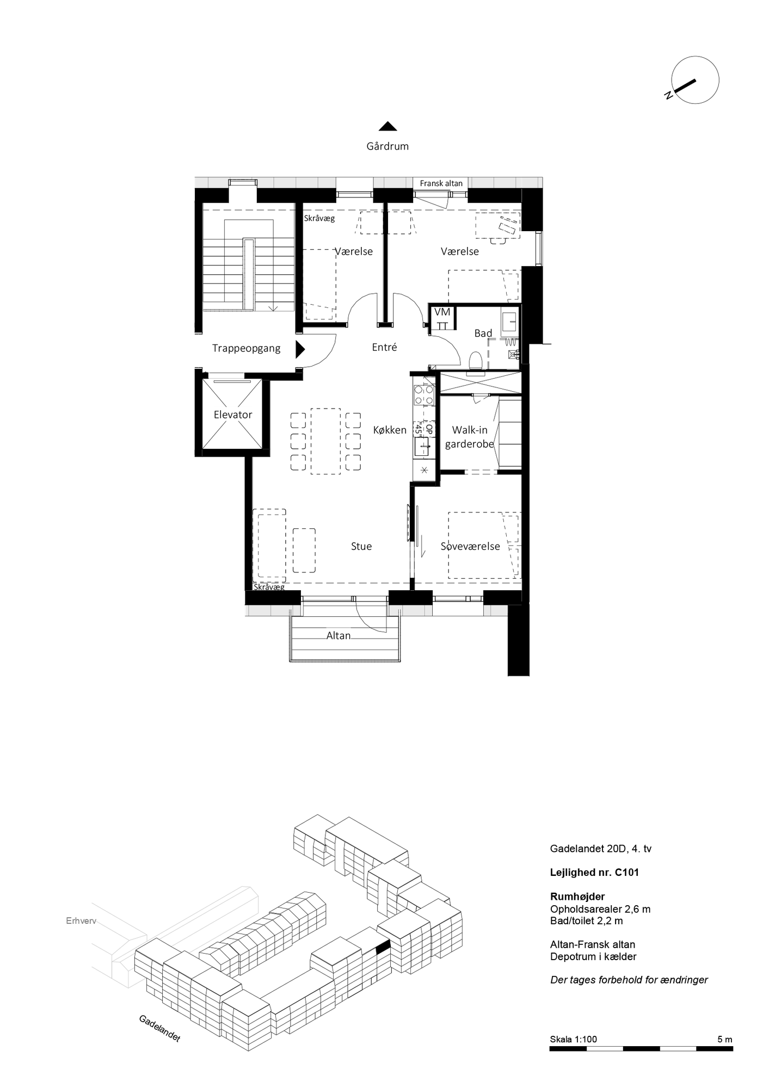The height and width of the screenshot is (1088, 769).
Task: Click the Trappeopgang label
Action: pos(246,348)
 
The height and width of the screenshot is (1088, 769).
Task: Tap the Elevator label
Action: pos(233,415)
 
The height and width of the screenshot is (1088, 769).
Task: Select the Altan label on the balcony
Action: pos(339,635)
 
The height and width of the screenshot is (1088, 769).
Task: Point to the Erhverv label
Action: pos(81,921)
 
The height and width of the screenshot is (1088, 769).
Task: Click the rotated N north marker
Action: pos(668,96)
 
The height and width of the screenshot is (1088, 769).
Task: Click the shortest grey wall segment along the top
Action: pos(393,183)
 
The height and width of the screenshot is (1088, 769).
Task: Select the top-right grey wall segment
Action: pos(506,183)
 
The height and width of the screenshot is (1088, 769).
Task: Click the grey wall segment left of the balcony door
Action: pos(272,611)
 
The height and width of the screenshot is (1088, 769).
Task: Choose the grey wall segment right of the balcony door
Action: pos(411,611)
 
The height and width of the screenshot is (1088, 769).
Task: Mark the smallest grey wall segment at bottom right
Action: pos(496,611)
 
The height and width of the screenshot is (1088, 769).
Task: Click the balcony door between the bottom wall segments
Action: pos(344,609)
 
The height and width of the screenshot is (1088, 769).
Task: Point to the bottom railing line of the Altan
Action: pos(344,662)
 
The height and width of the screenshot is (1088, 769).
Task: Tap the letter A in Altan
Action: pos(330,635)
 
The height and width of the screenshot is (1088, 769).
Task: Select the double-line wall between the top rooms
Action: pos(385,272)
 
